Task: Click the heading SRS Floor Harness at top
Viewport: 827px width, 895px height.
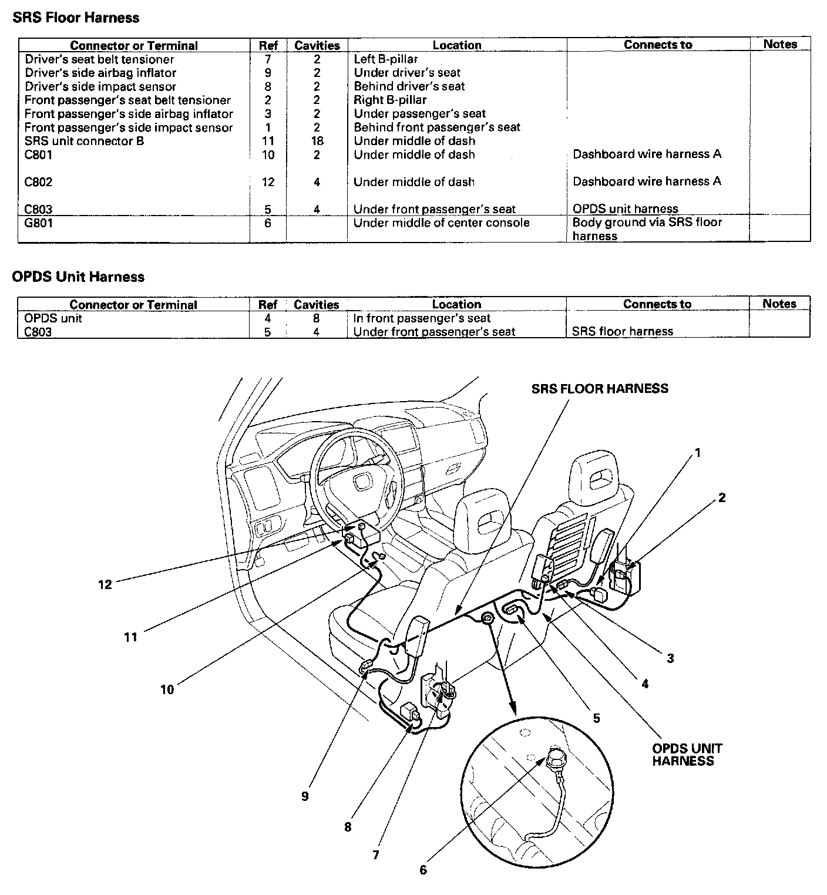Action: tap(76, 18)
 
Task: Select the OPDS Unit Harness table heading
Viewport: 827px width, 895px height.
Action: tap(78, 277)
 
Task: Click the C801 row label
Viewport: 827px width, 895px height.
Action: tap(39, 154)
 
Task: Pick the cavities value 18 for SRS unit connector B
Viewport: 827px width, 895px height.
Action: tap(317, 141)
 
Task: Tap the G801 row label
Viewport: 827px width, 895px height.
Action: tap(39, 223)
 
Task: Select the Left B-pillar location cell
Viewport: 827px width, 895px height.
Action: tap(385, 59)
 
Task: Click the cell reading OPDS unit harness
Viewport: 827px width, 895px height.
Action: tap(625, 208)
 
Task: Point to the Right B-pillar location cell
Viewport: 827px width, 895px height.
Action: tap(390, 100)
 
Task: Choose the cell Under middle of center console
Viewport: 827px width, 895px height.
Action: tap(441, 223)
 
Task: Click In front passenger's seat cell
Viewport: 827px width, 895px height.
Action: tap(422, 318)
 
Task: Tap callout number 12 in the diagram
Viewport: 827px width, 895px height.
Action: tap(105, 584)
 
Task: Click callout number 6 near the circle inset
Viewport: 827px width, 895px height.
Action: tap(423, 870)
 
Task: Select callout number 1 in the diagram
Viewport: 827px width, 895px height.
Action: tap(698, 452)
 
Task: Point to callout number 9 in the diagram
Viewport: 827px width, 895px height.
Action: tap(305, 796)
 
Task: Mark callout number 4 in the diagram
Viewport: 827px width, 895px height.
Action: tap(645, 684)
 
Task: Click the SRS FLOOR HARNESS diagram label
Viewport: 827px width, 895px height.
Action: tap(600, 389)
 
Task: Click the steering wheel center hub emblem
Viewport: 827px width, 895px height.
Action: tap(358, 482)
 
